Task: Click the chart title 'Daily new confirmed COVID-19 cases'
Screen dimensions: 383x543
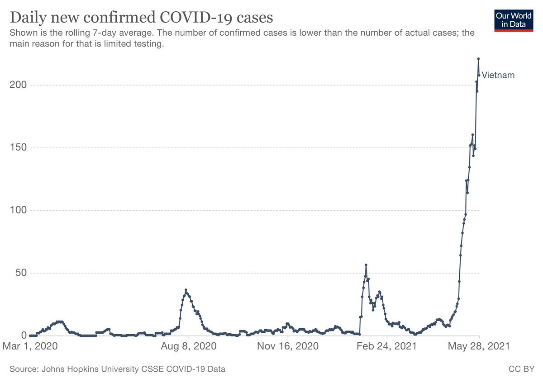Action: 141,18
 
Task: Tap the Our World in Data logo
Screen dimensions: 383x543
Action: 514,19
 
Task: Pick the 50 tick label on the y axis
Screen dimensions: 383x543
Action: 20,273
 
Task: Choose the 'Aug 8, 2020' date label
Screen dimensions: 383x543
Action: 189,347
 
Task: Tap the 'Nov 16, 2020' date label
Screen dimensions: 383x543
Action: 288,347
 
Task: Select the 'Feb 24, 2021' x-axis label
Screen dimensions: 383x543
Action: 387,347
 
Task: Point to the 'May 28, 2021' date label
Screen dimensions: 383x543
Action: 478,347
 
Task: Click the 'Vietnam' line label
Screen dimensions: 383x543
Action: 498,76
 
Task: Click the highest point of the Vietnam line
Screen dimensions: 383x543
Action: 478,59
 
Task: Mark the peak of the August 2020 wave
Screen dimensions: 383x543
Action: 186,290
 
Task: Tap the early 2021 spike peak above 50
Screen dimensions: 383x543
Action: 366,265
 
